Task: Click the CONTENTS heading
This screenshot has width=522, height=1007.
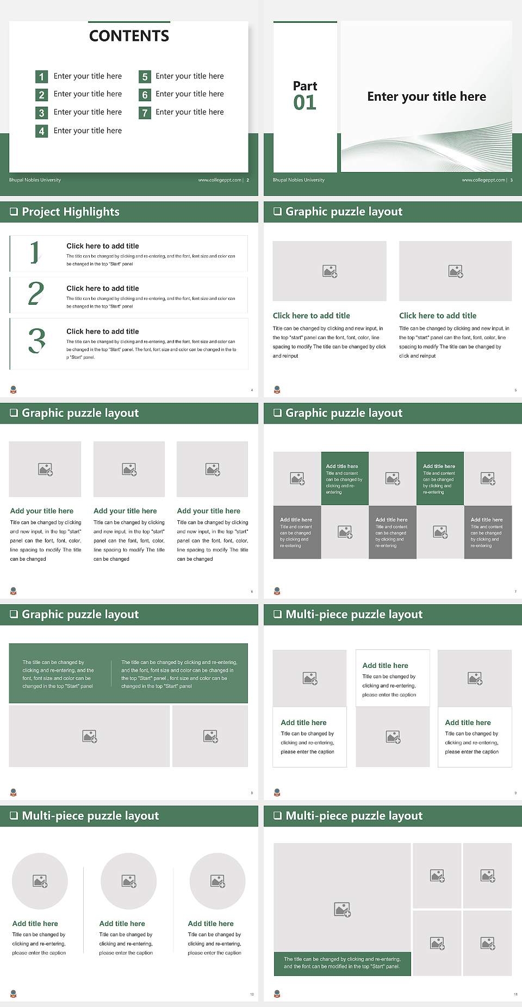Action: tap(129, 36)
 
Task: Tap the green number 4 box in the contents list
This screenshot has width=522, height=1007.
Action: tap(41, 131)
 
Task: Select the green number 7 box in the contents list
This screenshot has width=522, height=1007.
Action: tap(145, 113)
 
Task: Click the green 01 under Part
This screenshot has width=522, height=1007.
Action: tap(304, 103)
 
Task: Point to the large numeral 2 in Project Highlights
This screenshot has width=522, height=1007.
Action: tap(36, 293)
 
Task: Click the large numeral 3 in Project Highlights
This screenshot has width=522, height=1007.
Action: tap(36, 341)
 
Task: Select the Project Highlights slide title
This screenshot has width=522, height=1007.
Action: tap(70, 212)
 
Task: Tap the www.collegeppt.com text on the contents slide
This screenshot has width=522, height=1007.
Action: tap(219, 180)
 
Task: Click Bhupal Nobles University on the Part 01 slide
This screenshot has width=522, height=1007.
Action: tap(299, 180)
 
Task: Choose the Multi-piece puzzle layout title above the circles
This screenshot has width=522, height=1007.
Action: tap(90, 816)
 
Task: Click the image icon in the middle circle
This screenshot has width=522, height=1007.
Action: tap(129, 881)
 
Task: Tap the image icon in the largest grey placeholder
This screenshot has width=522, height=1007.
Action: tap(342, 909)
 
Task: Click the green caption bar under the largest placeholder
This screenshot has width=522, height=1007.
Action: tap(342, 963)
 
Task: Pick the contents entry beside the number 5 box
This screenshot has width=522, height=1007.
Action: tap(189, 76)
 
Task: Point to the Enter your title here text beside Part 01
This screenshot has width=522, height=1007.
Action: tap(426, 97)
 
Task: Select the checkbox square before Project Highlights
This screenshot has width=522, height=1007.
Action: tap(14, 212)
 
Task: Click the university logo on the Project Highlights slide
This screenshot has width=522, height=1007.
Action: tap(14, 390)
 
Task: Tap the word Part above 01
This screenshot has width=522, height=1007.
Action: tap(304, 86)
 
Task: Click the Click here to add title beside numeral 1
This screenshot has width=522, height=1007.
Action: tap(102, 246)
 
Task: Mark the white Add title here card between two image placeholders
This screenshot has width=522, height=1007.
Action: tap(392, 678)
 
